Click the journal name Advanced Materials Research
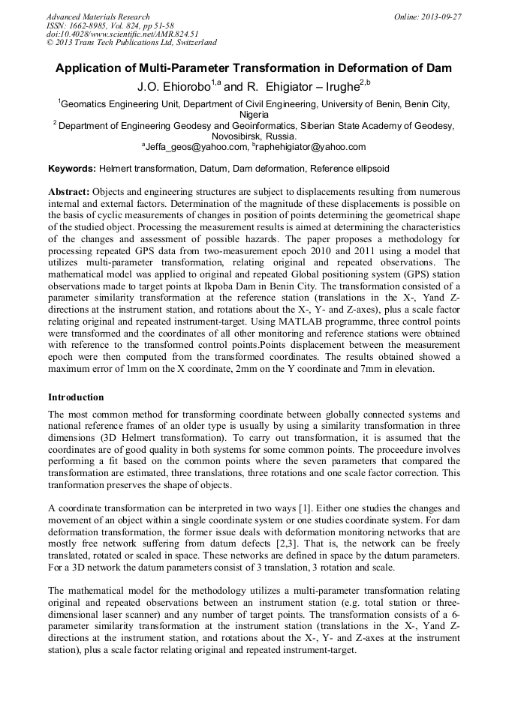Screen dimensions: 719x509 click(98, 16)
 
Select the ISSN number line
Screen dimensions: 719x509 click(110, 25)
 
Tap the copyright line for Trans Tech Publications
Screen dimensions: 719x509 click(131, 43)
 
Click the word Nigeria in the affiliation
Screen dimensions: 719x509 click(254, 115)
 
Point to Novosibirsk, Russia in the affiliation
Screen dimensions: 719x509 click(254, 136)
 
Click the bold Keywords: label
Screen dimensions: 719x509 click(72, 169)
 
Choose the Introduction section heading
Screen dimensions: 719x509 click(76, 397)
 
